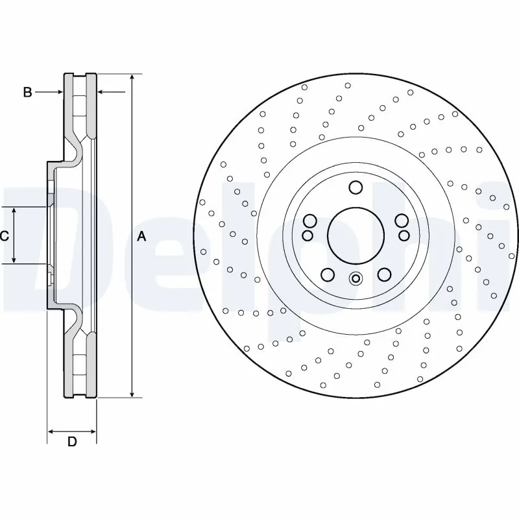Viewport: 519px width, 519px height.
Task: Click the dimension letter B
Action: (27, 93)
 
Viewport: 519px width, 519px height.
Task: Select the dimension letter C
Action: (4, 236)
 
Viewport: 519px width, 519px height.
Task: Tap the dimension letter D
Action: (72, 442)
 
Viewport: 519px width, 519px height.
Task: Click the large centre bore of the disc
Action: (355, 235)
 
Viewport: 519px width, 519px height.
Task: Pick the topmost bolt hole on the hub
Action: (355, 188)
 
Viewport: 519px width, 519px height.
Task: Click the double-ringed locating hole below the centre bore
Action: (355, 279)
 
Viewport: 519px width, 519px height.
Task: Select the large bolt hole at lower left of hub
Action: (328, 274)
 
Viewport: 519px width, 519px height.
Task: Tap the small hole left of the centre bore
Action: (308, 234)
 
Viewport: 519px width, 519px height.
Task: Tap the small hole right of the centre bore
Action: (403, 234)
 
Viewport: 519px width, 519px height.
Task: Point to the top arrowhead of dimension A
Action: (132, 77)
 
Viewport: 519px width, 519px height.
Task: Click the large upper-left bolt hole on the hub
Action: (309, 219)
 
